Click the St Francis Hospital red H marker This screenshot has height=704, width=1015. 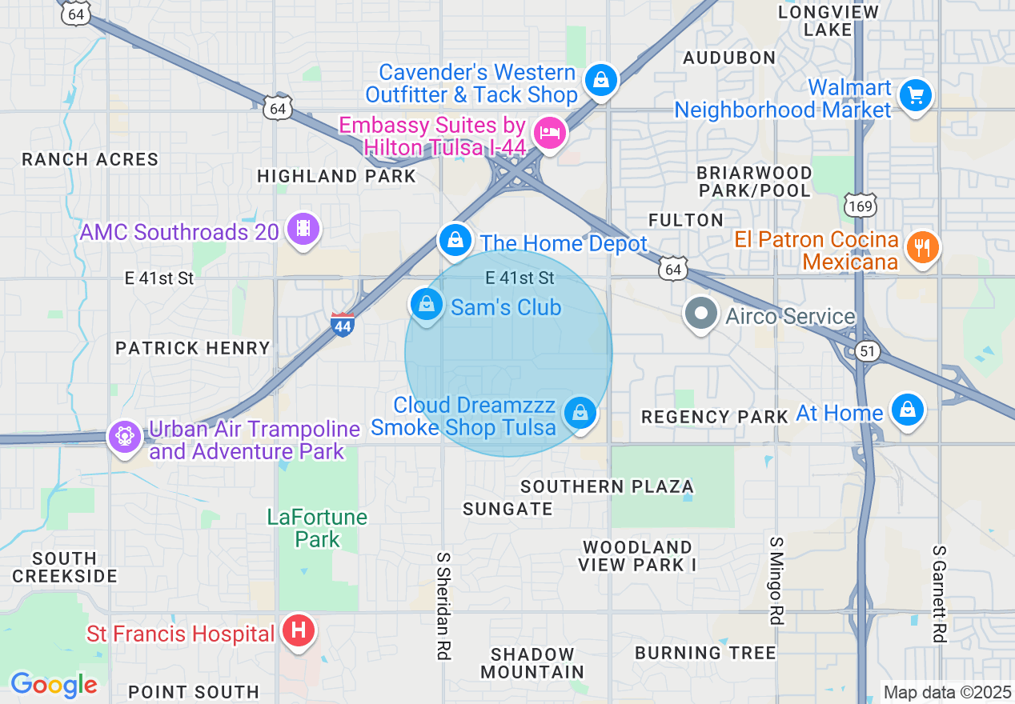pos(299,632)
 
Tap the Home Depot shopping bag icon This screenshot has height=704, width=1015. pos(455,240)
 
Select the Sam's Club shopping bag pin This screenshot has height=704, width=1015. pos(427,305)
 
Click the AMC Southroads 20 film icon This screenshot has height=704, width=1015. pos(303,230)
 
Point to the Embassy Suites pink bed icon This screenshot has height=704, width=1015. pos(549,132)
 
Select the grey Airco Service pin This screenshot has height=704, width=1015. pos(702,314)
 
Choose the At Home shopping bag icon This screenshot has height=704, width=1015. pos(907,410)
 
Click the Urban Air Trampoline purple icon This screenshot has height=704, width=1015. pos(125,437)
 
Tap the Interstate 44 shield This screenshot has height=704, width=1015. pos(343,324)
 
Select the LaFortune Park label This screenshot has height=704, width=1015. pos(317,528)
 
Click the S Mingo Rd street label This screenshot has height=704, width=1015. pos(776,580)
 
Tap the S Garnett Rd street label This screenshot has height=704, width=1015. pos(939,594)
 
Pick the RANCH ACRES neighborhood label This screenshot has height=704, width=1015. pos(90,159)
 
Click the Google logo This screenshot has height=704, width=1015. pos(54,685)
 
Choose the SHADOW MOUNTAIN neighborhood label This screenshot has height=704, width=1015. pos(532,663)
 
